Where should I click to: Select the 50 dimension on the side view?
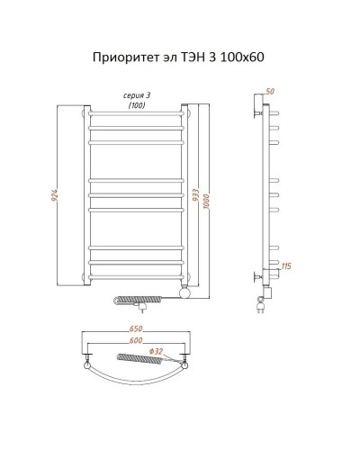click(269, 93)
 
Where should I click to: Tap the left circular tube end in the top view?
click(86, 364)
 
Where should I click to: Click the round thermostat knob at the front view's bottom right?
click(184, 292)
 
